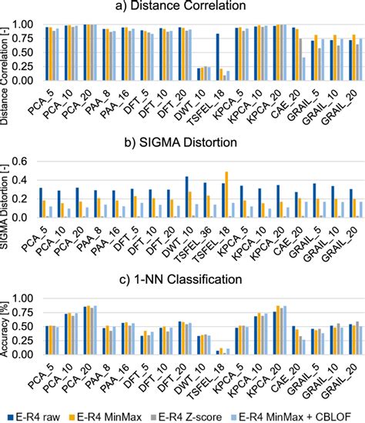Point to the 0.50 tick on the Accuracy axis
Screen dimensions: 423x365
(28, 326)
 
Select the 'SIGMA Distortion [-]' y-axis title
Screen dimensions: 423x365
(7, 189)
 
